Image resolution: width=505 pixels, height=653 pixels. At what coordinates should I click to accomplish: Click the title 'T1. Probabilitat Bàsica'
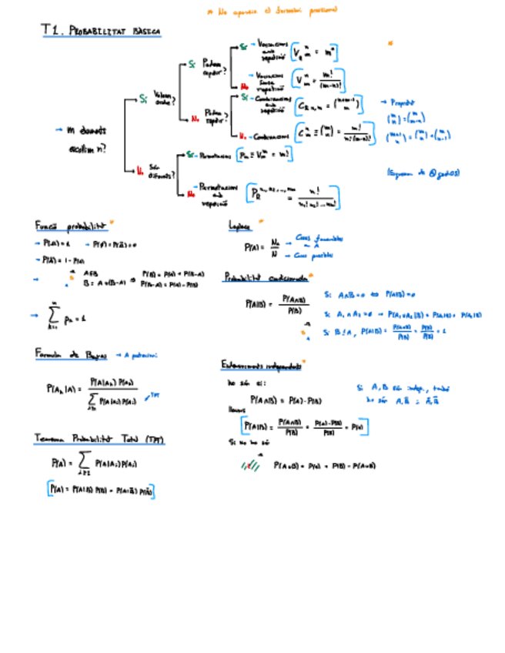point(101,31)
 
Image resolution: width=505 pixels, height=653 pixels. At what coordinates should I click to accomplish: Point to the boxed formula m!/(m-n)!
point(318,79)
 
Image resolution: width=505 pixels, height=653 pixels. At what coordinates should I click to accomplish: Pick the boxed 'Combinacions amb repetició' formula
point(329,104)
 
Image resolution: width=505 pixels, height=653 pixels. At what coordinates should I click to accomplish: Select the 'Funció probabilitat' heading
point(70,226)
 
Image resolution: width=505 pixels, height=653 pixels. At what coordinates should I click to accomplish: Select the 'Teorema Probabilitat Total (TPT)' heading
point(99,438)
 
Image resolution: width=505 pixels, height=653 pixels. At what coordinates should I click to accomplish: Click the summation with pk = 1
point(61,316)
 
